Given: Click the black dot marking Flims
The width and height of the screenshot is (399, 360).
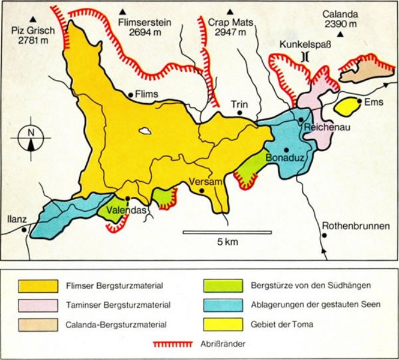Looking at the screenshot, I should tap(130, 94).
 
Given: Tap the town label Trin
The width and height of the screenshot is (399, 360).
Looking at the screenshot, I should tap(239, 103).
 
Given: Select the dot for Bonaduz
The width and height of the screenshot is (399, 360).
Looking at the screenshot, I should tap(287, 149).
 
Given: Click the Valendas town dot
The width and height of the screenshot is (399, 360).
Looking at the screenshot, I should tap(127, 199).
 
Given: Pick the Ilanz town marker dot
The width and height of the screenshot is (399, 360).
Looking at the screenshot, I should tap(23, 229).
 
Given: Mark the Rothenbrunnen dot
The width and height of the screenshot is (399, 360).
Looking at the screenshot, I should tap(324, 235).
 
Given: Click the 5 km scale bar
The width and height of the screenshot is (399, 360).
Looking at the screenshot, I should tap(226, 232).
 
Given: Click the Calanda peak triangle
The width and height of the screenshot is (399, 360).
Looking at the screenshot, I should tap(341, 34).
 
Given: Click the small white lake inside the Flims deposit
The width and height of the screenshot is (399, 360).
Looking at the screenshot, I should tap(145, 130).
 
